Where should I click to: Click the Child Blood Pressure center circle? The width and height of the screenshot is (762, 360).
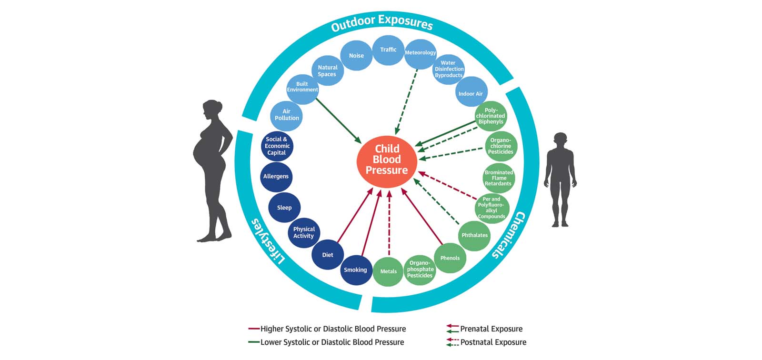[x=387, y=160]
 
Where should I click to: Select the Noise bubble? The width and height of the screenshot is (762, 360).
[x=356, y=56]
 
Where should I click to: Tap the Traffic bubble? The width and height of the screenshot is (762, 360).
[x=388, y=50]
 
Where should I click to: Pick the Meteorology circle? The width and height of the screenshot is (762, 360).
[x=420, y=53]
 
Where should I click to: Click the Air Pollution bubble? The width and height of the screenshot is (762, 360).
[x=287, y=115]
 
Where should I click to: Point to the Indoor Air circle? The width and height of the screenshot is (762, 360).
[x=471, y=93]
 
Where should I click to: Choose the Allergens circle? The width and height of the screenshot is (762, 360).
[x=276, y=176]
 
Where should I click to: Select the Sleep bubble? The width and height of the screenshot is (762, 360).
[x=284, y=208]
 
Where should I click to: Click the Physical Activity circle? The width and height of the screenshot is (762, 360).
[x=304, y=232]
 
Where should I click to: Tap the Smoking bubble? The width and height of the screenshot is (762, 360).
[x=355, y=270]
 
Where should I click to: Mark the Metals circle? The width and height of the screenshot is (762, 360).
[x=388, y=271]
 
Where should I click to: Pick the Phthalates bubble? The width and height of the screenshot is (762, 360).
[x=475, y=235]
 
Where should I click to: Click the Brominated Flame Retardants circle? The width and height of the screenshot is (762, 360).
[x=499, y=178]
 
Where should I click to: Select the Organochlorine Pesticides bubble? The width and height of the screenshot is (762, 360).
[x=501, y=146]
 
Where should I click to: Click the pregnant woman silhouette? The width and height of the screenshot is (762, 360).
[x=212, y=171]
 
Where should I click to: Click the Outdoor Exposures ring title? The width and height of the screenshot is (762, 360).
[x=382, y=23]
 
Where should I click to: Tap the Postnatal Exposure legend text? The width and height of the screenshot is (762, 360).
[x=493, y=342]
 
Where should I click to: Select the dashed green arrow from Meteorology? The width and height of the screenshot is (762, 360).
[x=408, y=100]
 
